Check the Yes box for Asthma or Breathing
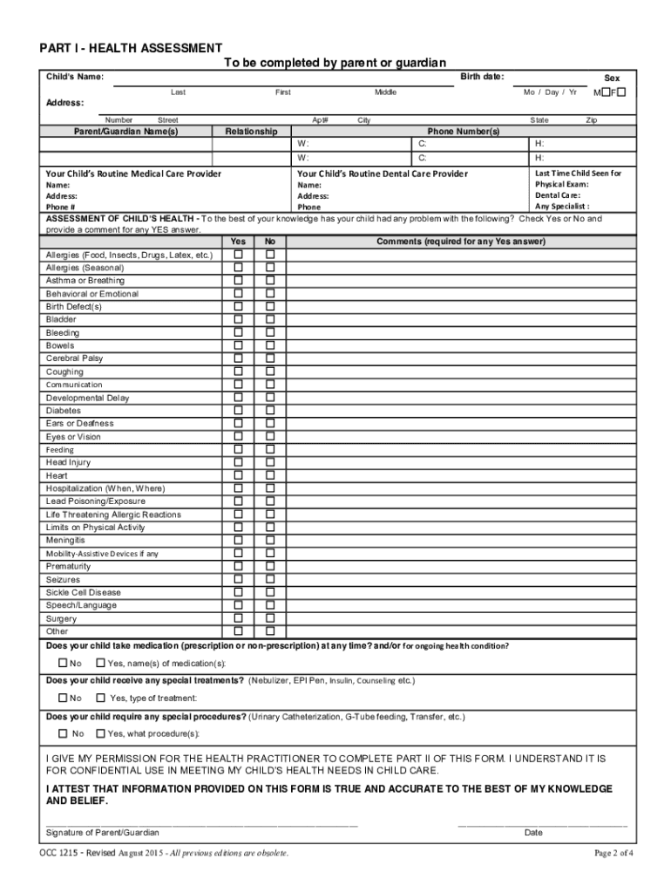pyautogui.click(x=238, y=281)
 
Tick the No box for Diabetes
pyautogui.click(x=270, y=411)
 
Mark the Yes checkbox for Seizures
pyautogui.click(x=238, y=579)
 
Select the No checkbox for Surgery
pyautogui.click(x=270, y=618)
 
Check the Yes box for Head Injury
pyautogui.click(x=238, y=462)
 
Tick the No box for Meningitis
pyautogui.click(x=270, y=540)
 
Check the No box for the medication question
pyautogui.click(x=63, y=663)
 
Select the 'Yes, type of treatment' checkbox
pyautogui.click(x=100, y=698)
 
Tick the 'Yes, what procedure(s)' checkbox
pyautogui.click(x=100, y=733)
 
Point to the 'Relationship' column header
pyautogui.click(x=251, y=132)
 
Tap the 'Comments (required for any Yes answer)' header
pyautogui.click(x=461, y=242)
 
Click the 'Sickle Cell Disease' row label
pyautogui.click(x=84, y=592)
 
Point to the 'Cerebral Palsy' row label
pyautogui.click(x=74, y=358)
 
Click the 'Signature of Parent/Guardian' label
pyautogui.click(x=103, y=832)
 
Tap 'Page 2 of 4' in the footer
pyautogui.click(x=613, y=852)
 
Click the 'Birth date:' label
pyautogui.click(x=481, y=77)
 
